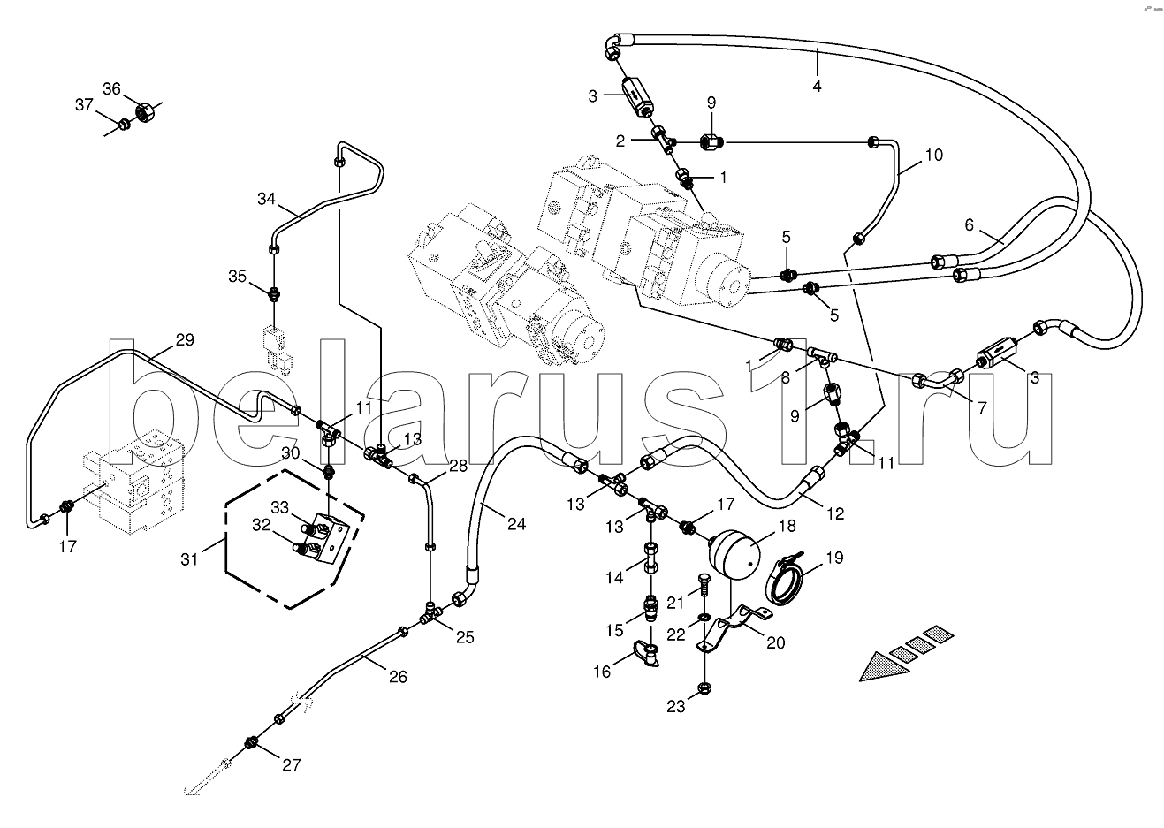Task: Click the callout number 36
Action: point(111,88)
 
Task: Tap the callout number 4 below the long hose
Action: point(818,86)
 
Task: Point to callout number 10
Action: point(934,156)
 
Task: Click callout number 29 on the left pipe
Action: point(184,340)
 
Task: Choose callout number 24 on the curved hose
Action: point(516,524)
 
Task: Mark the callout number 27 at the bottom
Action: point(292,764)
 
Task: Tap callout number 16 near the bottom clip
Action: point(602,672)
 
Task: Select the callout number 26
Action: point(398,676)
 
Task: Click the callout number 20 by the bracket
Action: point(775,642)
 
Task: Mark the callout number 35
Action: point(237,276)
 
